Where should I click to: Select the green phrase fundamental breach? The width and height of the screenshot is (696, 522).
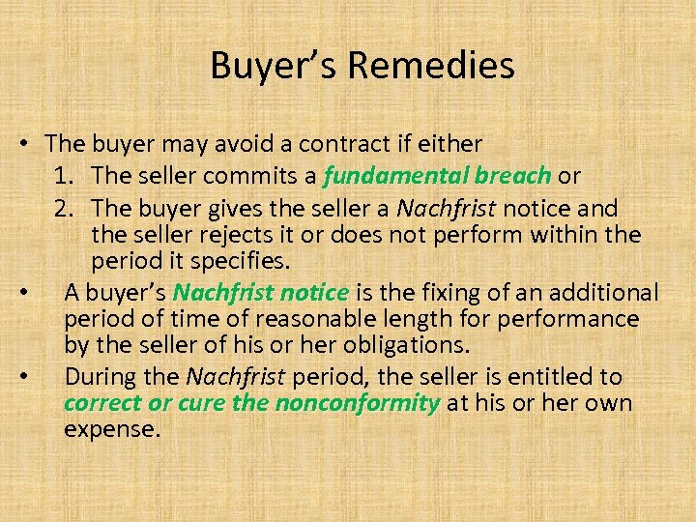point(438,176)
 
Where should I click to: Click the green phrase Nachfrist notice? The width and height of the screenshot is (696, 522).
point(261,292)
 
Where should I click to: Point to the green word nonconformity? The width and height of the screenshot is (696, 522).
point(358,403)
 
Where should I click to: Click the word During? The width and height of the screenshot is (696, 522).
point(98,376)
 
